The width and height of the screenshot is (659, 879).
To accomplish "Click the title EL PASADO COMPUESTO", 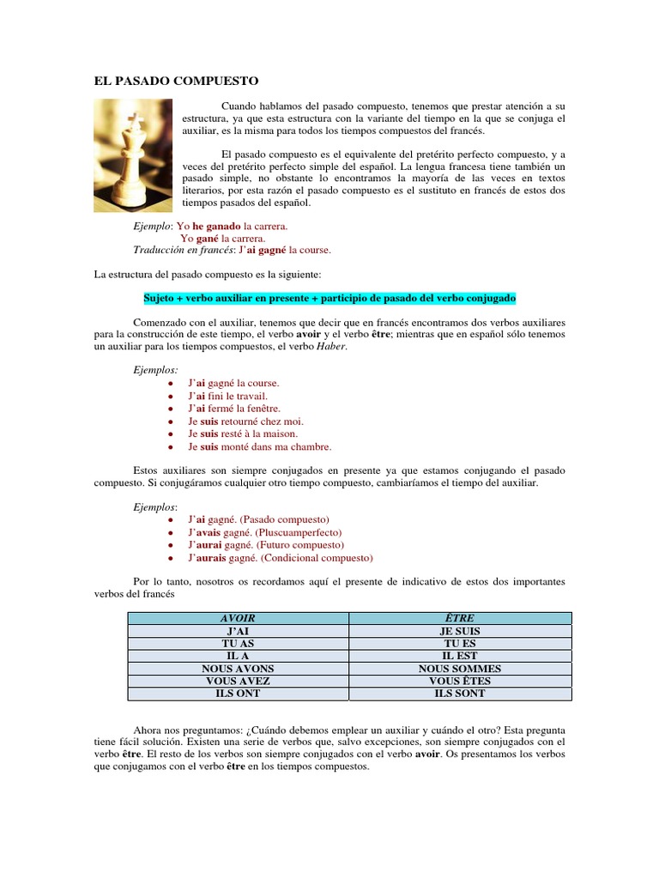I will coord(176,81).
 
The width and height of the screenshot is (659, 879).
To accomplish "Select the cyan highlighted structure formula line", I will coord(329,299).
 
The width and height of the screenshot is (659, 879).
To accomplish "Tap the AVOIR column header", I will coord(238,618).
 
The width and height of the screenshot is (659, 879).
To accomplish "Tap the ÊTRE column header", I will coord(460,618).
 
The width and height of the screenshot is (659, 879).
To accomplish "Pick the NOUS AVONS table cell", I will coord(238,669).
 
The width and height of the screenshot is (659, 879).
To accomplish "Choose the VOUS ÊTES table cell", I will coord(460,681).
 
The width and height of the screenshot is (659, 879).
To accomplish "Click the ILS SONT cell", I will coord(460,693).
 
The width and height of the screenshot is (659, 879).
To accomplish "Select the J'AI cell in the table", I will coord(238,631).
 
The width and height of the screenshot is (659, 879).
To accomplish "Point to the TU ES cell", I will coord(460,643).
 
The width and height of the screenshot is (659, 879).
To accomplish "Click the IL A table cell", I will coord(238,656).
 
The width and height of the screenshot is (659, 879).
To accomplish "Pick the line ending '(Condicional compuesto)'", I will coord(281,558).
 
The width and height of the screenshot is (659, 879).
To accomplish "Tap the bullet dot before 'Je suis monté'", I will coord(172,447).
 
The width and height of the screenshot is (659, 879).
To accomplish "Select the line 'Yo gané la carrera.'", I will coord(222,238).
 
